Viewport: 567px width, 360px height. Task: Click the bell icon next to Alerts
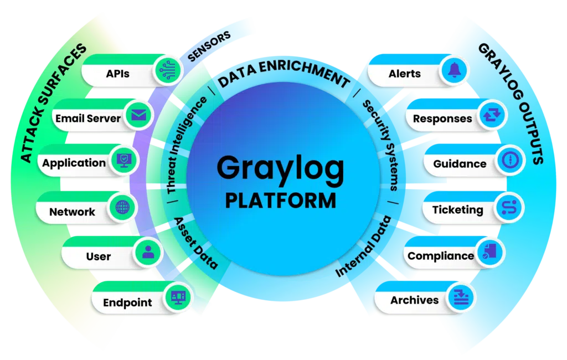(455, 69)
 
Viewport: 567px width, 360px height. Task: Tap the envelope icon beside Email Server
(139, 115)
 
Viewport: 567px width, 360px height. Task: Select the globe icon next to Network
(122, 207)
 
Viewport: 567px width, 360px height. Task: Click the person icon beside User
(148, 252)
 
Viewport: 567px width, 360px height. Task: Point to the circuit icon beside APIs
(167, 70)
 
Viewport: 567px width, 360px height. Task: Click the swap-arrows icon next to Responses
(492, 115)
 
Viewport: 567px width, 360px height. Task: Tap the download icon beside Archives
(461, 297)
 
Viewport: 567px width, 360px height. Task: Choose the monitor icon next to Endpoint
(178, 297)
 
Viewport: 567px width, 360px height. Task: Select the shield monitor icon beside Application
(125, 160)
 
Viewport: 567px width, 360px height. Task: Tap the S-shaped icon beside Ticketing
(509, 207)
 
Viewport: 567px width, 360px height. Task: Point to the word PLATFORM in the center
(281, 201)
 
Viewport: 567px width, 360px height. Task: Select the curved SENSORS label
(209, 47)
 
